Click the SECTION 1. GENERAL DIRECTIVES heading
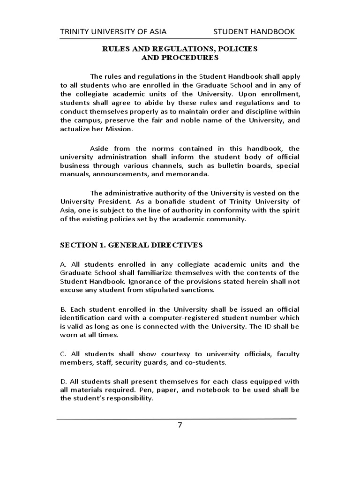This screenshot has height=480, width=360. click(131, 245)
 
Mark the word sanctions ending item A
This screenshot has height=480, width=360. click(196, 290)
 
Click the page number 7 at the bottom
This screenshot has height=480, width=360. click(180, 426)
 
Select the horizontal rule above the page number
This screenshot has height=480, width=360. click(176, 418)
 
